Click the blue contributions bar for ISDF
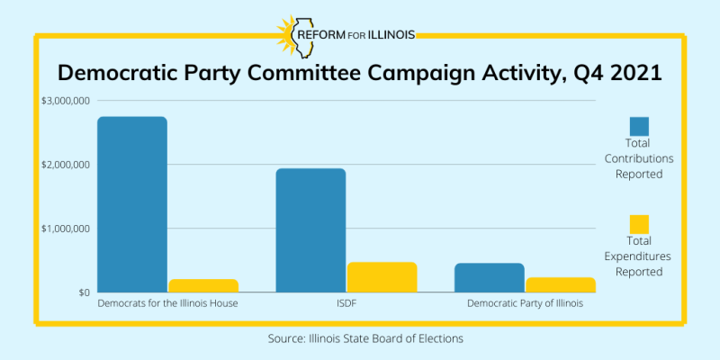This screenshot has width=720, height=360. click(x=310, y=230)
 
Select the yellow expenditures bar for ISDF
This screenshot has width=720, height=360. click(x=382, y=277)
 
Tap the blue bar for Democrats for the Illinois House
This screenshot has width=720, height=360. click(x=132, y=204)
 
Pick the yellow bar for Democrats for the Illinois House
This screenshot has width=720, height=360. click(x=204, y=285)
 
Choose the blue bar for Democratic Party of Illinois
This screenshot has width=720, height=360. click(x=490, y=277)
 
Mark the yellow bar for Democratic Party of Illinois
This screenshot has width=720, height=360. click(x=561, y=284)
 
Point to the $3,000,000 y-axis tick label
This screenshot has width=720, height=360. click(x=65, y=101)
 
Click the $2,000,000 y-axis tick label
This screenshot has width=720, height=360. click(x=65, y=165)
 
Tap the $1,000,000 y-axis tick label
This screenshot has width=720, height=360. click(x=65, y=229)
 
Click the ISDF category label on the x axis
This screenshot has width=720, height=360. click(x=346, y=304)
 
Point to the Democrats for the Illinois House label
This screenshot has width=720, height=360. click(x=167, y=304)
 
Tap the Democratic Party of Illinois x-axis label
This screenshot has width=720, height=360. click(x=525, y=304)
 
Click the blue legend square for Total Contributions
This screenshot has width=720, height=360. click(x=639, y=127)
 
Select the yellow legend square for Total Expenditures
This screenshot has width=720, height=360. click(x=639, y=224)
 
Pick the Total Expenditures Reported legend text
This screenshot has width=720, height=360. click(x=639, y=256)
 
